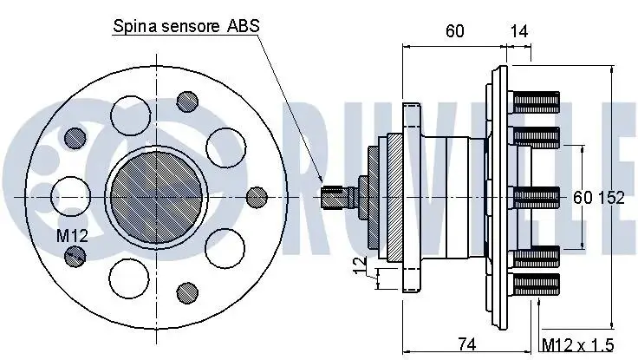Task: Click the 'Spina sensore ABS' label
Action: tap(186, 26)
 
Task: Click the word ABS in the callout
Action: tap(243, 26)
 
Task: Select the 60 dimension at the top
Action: tap(455, 31)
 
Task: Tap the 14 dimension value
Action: tap(518, 31)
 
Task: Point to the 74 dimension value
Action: tap(466, 344)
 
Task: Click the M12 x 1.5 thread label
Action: tap(578, 345)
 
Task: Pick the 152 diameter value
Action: tap(611, 198)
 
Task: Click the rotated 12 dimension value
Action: tap(359, 265)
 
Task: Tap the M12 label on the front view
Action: tap(72, 235)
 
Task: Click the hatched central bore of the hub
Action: tap(157, 198)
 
